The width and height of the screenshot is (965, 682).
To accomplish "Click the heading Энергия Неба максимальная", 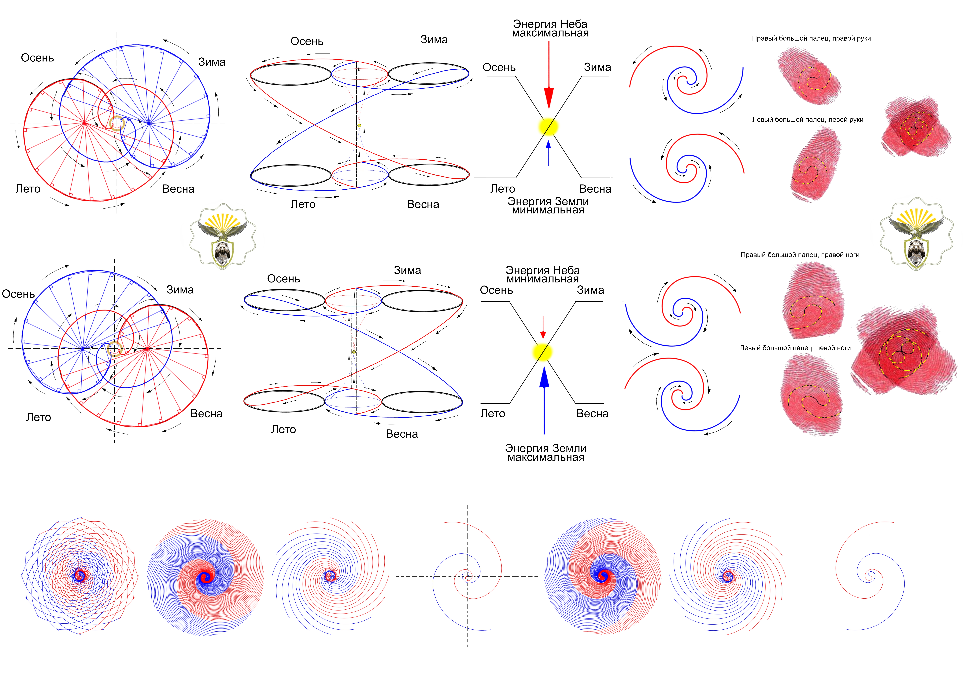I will click(x=550, y=29).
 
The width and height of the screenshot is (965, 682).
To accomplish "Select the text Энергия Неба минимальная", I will click(x=543, y=274).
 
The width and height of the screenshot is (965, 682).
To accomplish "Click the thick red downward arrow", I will click(x=549, y=76).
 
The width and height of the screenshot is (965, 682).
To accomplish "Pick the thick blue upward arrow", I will click(x=544, y=399).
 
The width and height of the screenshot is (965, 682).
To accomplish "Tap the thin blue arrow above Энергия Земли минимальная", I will click(x=548, y=153).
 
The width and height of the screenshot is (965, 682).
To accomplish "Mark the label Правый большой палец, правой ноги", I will click(x=799, y=255).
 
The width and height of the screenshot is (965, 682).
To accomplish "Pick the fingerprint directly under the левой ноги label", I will click(x=811, y=395).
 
